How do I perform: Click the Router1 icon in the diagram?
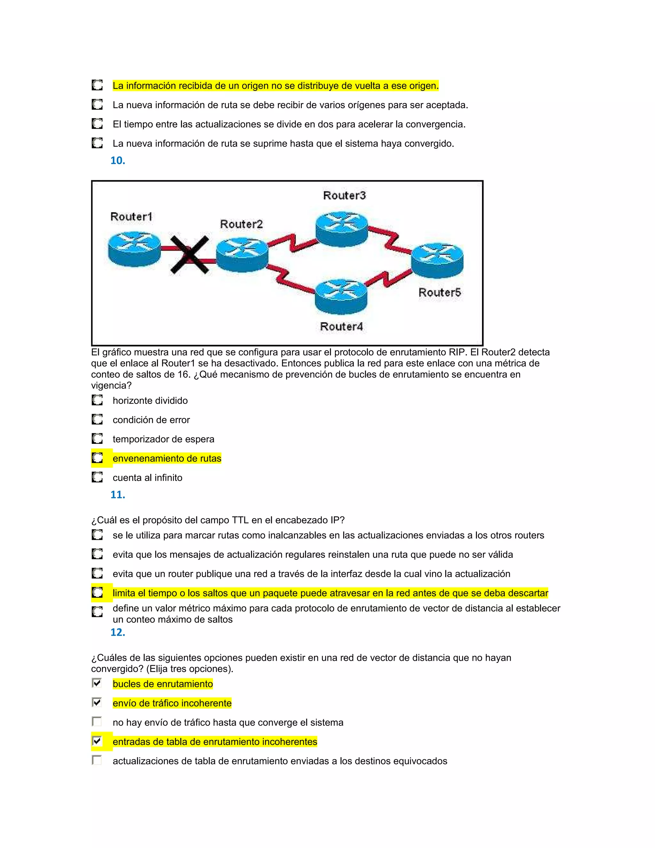click(134, 249)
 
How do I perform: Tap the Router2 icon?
click(242, 255)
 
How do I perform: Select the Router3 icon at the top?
click(342, 229)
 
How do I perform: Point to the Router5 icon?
click(437, 260)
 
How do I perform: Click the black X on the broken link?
click(190, 255)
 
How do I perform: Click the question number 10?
click(118, 161)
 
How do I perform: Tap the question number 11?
click(118, 495)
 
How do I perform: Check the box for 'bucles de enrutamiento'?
click(97, 683)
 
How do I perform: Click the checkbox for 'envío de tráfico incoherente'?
click(97, 702)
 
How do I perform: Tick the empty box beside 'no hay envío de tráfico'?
click(97, 722)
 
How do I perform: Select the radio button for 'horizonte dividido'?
click(97, 400)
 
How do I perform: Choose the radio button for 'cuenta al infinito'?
click(97, 477)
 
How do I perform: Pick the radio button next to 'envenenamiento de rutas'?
click(97, 458)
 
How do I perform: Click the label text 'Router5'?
click(440, 292)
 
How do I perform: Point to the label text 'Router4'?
click(342, 326)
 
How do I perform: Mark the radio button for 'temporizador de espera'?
click(97, 439)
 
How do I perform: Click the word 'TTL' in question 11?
click(240, 520)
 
